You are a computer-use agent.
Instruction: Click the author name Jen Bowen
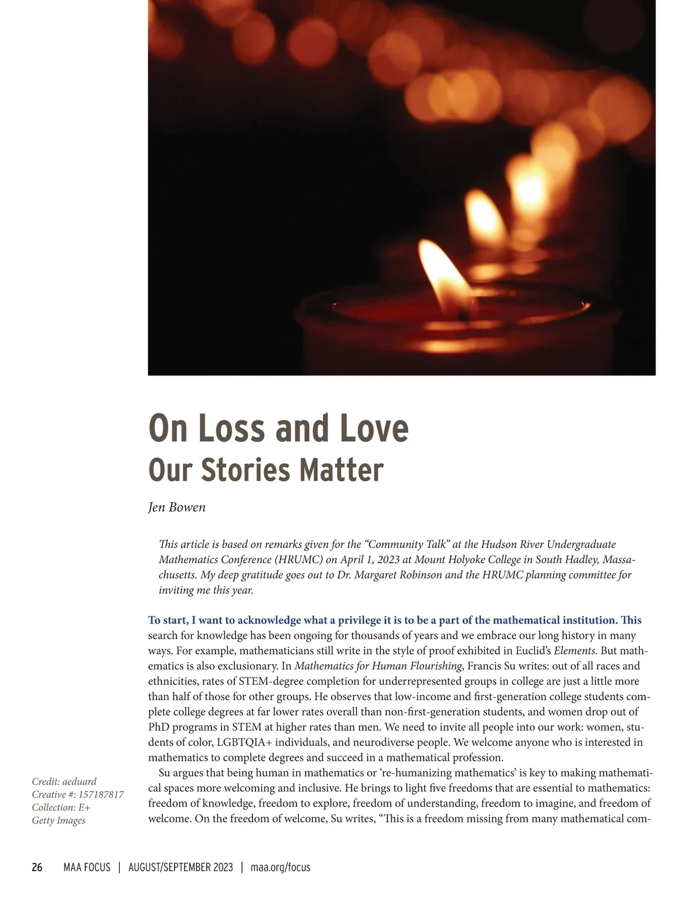(177, 507)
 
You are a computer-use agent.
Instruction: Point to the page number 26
(37, 867)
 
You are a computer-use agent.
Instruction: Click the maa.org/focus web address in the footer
(280, 867)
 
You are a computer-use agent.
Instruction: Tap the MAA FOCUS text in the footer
(87, 867)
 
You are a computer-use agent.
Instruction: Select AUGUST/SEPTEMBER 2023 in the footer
(180, 867)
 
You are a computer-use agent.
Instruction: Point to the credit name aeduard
(79, 781)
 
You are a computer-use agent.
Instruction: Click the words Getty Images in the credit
(58, 820)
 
